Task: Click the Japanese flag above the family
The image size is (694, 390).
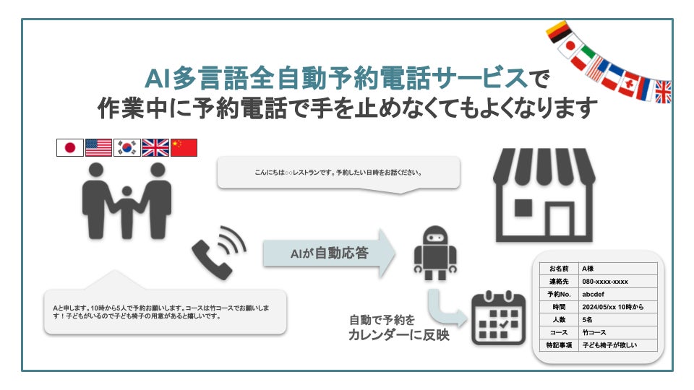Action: coord(70,148)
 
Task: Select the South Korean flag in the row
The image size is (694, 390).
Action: coord(127,148)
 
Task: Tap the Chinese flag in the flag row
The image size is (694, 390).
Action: coord(184,148)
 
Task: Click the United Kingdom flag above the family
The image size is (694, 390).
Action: coord(155,148)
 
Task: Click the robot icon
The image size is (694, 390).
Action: coord(435,253)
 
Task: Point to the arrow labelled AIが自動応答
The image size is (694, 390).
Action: coord(329,253)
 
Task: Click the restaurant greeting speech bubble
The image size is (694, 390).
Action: coord(338,173)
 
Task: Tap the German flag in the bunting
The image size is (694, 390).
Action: coord(558,32)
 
